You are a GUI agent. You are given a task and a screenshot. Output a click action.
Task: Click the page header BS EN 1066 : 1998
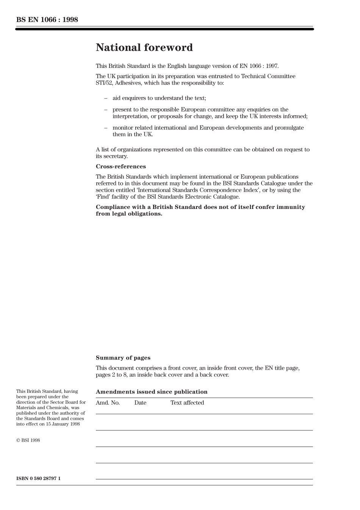47,20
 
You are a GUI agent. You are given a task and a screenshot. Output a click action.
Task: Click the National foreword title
144,48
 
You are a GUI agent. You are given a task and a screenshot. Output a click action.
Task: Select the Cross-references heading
121,166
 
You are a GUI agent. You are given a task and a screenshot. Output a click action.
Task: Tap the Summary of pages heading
123,358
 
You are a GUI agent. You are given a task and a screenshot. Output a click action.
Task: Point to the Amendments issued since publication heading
152,392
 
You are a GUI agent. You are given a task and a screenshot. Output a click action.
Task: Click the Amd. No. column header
108,403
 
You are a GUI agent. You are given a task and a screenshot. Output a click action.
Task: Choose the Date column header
140,403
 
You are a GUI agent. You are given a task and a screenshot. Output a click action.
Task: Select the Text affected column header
187,403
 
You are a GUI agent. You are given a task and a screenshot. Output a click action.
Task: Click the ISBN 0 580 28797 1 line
38,479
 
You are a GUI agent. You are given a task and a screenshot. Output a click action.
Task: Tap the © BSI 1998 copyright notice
28,440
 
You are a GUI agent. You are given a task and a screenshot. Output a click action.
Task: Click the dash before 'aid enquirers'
106,98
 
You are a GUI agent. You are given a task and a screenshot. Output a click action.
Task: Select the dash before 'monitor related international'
106,128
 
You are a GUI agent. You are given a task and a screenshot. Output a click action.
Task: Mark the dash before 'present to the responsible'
106,110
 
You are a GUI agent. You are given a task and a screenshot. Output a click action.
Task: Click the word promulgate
289,128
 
